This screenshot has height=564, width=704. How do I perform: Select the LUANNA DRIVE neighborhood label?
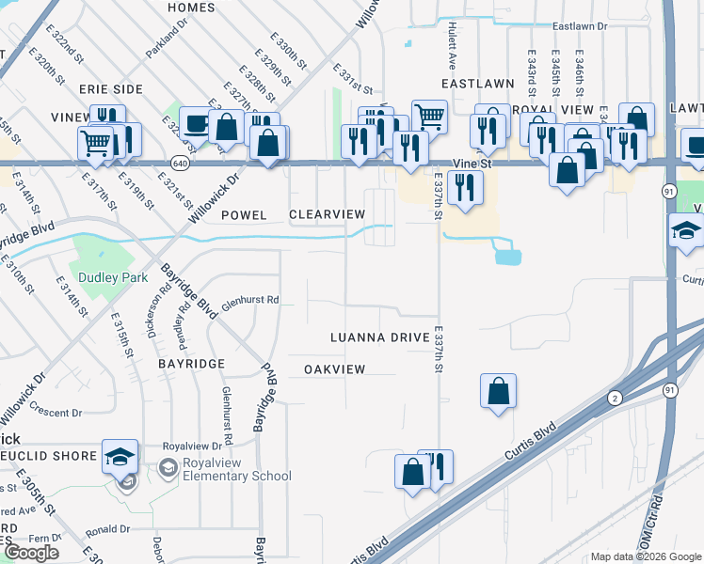click(x=379, y=337)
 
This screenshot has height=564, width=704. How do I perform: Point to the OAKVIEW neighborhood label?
click(x=334, y=369)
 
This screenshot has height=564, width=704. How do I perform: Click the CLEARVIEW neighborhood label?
click(x=327, y=215)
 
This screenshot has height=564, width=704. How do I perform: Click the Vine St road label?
click(x=473, y=164)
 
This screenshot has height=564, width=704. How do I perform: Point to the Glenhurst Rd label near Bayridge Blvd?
click(x=250, y=302)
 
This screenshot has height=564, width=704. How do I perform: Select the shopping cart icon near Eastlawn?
click(x=429, y=117)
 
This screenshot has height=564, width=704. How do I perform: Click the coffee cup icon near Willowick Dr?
click(x=196, y=123)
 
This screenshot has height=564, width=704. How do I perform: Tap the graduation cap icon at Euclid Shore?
click(x=120, y=456)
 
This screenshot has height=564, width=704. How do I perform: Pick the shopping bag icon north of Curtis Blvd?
click(x=498, y=390)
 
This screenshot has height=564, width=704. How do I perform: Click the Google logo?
click(x=31, y=553)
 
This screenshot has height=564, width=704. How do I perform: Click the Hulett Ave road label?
click(x=453, y=42)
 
